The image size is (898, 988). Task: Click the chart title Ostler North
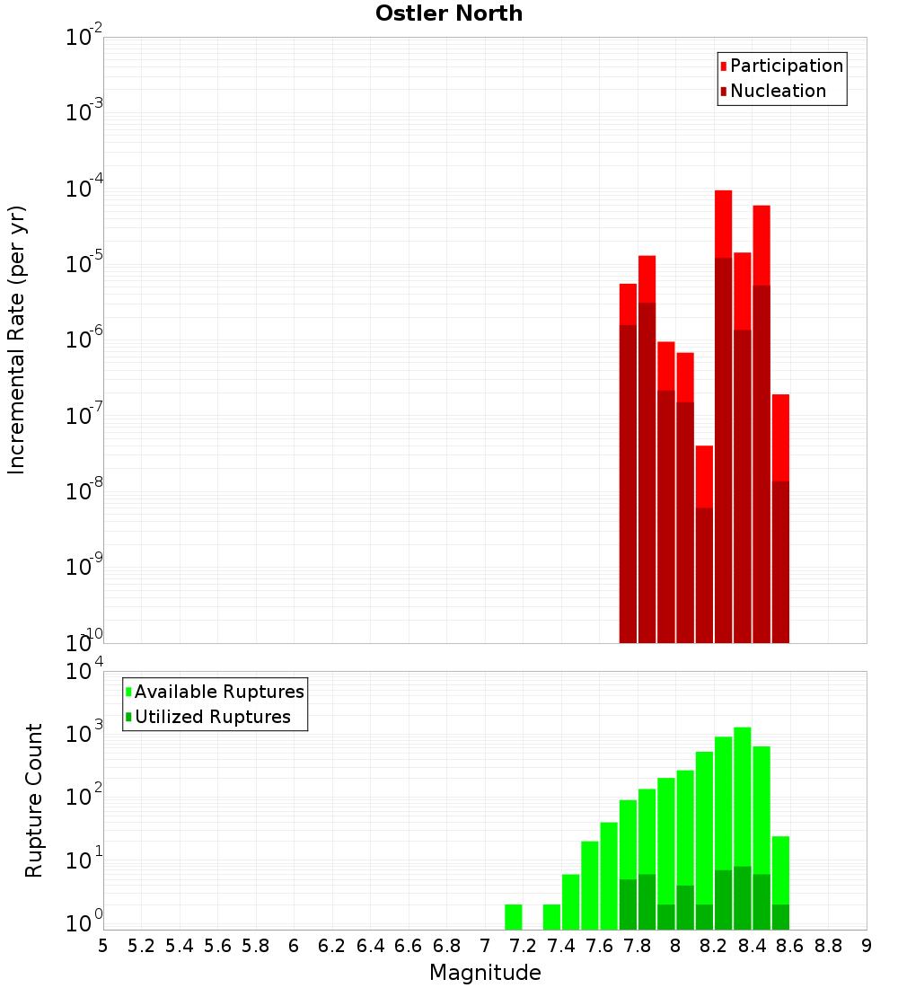click(x=449, y=13)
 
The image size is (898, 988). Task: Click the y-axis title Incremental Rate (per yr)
click(x=17, y=340)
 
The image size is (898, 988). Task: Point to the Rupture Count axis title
click(x=34, y=799)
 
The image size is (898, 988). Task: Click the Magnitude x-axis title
click(x=485, y=972)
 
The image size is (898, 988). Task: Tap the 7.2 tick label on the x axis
click(x=523, y=946)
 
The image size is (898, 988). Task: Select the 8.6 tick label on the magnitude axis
click(x=790, y=946)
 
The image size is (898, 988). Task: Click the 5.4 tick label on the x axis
click(x=180, y=946)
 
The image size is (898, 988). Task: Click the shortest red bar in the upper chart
click(x=704, y=476)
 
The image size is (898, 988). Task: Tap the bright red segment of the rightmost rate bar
click(x=780, y=437)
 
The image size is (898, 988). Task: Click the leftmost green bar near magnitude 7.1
click(x=513, y=917)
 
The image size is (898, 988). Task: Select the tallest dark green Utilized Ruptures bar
click(x=743, y=897)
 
